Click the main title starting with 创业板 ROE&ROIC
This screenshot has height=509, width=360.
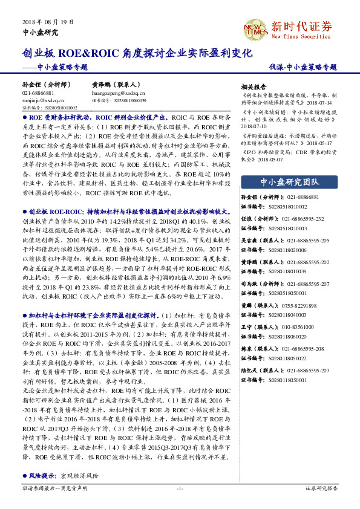pos(136,53)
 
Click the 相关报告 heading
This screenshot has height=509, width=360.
pos(254,86)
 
